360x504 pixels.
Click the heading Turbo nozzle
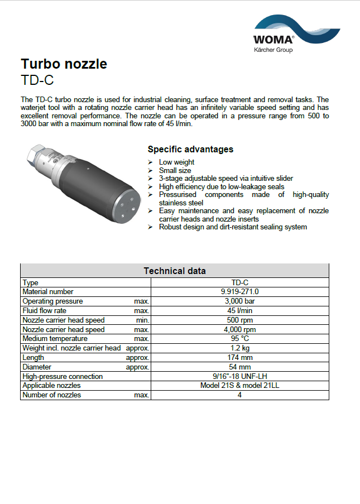tap(64, 64)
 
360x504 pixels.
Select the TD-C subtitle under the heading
tap(37, 80)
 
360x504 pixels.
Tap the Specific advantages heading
tap(190, 150)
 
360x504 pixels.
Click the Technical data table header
tap(174, 271)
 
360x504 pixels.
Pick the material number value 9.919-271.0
tap(239, 292)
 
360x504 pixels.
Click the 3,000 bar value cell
tap(239, 301)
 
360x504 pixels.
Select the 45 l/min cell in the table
tap(239, 311)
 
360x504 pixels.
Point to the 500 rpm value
tap(239, 320)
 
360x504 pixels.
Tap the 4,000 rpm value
tap(239, 330)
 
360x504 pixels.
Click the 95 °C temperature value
tap(239, 339)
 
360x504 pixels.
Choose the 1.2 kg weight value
tap(239, 348)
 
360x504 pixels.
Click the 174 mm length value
tap(239, 358)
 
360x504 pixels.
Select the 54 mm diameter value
tap(239, 367)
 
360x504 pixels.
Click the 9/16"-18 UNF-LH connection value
tap(239, 377)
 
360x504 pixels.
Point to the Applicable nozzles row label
tap(51, 386)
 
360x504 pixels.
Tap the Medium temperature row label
tap(55, 339)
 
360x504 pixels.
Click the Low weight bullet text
tap(176, 162)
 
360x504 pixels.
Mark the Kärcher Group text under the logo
tap(273, 50)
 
